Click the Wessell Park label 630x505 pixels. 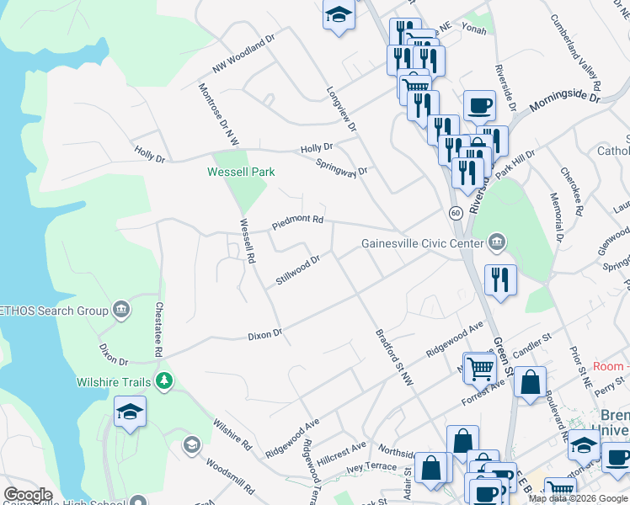point(242,173)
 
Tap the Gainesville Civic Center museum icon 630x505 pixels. point(497,243)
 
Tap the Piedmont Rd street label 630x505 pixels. point(297,222)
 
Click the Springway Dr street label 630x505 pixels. point(342,166)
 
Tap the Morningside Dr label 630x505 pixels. point(563,104)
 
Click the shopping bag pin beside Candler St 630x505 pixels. point(530,381)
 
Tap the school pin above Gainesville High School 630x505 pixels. point(131,412)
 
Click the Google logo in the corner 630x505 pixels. point(29,495)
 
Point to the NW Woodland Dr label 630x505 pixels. point(244,52)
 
